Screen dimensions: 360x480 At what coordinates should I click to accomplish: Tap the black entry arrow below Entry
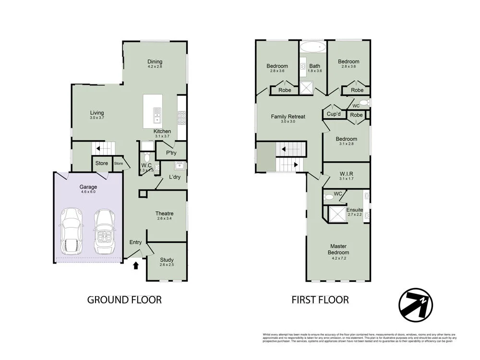136,264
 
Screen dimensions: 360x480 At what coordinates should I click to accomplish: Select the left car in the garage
71,231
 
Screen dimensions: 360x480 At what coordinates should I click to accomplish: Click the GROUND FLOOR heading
124,300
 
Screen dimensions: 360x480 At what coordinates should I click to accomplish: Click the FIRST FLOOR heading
320,300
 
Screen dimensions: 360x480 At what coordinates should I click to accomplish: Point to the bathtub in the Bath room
313,48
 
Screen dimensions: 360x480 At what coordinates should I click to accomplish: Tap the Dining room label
155,63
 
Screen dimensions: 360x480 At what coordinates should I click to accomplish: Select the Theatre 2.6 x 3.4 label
164,216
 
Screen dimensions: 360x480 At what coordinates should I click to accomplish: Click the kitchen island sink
157,115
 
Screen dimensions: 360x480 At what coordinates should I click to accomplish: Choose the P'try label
172,153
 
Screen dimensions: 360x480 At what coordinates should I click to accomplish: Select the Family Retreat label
288,118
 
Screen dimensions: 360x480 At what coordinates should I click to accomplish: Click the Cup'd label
334,114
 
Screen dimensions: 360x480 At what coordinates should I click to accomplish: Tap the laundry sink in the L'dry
180,166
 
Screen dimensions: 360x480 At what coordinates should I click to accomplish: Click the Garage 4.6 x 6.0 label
88,189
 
